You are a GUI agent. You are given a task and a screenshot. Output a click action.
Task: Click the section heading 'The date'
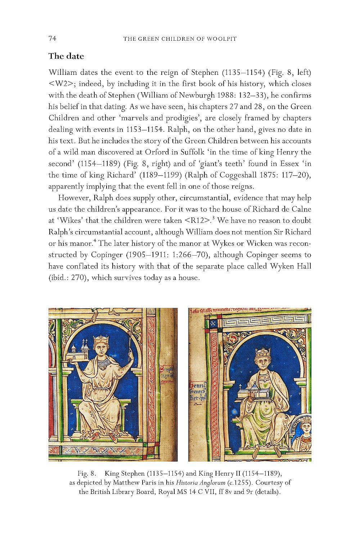tap(66, 56)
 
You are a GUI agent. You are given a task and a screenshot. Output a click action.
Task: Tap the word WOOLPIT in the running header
tap(222, 39)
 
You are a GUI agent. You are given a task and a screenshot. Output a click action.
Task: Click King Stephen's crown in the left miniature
tap(101, 339)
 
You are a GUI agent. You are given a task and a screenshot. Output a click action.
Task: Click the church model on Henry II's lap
tap(252, 393)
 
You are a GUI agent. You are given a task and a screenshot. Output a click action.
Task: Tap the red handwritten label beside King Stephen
tap(167, 374)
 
